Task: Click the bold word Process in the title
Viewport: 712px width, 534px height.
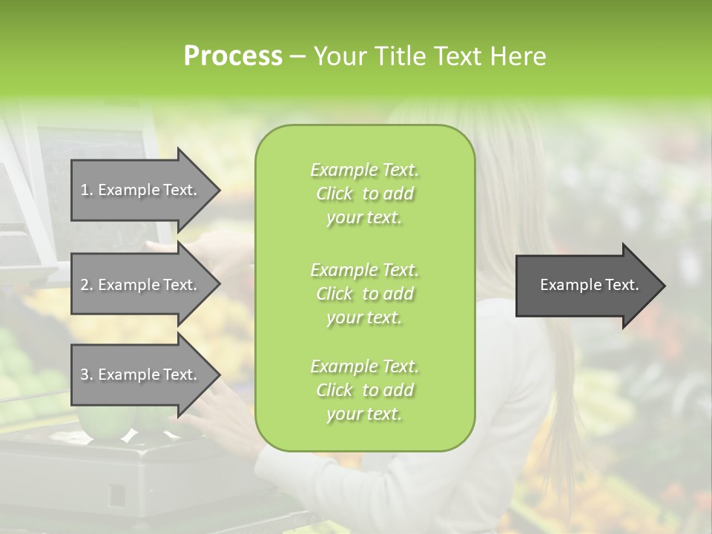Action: coord(233,56)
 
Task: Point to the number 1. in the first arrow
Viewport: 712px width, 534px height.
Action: coord(87,190)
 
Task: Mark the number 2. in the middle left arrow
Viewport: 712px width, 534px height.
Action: coord(87,285)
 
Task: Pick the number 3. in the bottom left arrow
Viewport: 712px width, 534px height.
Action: coord(87,375)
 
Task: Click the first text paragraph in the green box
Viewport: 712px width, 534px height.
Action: coord(364,194)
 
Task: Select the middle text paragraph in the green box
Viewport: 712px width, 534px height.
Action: coord(364,293)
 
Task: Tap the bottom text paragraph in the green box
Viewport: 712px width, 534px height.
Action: coord(364,390)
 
